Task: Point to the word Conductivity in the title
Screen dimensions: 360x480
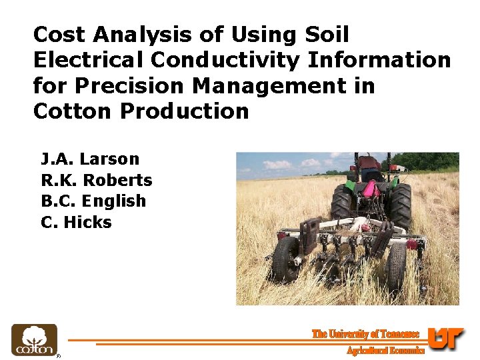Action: pyautogui.click(x=226, y=60)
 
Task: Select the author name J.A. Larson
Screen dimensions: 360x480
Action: pyautogui.click(x=90, y=159)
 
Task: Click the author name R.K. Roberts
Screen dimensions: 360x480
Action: pyautogui.click(x=97, y=180)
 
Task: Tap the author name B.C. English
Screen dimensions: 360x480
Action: pyautogui.click(x=93, y=201)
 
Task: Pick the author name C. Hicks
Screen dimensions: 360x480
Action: pyautogui.click(x=76, y=223)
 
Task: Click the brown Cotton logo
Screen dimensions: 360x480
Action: pyautogui.click(x=34, y=340)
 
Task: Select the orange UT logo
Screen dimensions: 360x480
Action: pyautogui.click(x=445, y=339)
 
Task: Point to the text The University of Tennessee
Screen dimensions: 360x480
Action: pyautogui.click(x=365, y=334)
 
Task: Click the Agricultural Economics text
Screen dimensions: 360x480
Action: pyautogui.click(x=385, y=350)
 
